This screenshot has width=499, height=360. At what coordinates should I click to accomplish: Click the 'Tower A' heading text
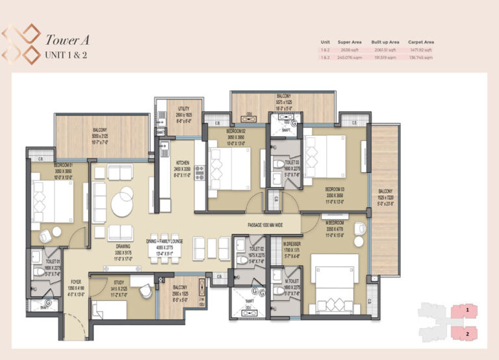coord(66,40)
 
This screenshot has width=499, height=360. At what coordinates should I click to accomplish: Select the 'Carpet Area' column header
coord(421,42)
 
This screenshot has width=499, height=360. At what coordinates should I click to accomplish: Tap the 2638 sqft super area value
coord(344,49)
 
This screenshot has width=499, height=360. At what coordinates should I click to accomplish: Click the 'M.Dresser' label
coord(292,244)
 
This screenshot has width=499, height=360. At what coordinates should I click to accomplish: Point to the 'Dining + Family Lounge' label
coord(164,241)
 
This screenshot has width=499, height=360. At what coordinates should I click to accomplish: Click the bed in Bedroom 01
coord(52,201)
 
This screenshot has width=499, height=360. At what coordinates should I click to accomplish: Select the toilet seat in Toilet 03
coord(278,164)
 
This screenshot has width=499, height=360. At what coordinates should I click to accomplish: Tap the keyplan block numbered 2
coord(467,334)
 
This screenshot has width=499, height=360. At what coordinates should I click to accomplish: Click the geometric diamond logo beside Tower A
coord(21,44)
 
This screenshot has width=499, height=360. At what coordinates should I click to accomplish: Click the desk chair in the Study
coord(146,290)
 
